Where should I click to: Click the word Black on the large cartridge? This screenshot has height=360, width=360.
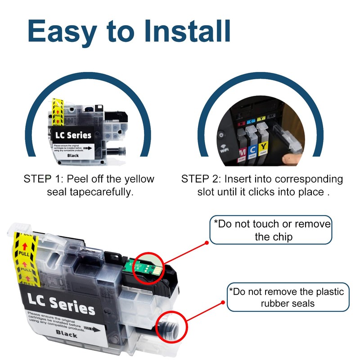(x=67, y=333)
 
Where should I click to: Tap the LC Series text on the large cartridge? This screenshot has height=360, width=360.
(x=61, y=304)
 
